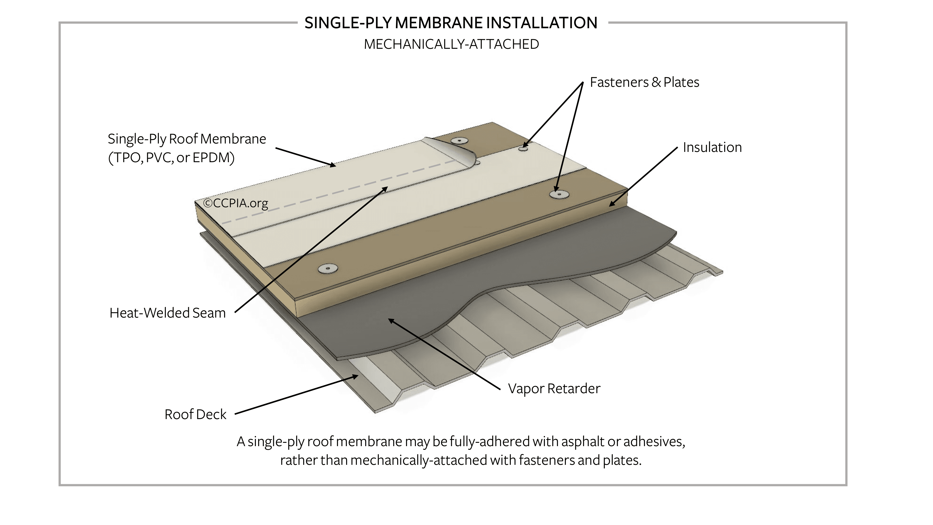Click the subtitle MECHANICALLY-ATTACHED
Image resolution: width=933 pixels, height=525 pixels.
[x=451, y=44]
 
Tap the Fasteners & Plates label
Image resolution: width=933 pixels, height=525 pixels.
[x=644, y=82]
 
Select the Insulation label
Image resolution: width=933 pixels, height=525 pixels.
[x=712, y=147]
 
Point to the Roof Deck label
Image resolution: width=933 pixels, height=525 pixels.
[x=195, y=414]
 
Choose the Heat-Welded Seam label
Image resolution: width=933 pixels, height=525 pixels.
[x=167, y=313]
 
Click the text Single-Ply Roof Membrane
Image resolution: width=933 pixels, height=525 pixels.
[x=187, y=139]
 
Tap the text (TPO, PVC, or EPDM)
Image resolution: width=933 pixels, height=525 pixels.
[x=171, y=157]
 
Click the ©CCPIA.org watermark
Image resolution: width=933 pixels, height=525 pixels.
[x=236, y=203]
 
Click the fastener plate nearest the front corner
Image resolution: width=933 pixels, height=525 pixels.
[x=328, y=269]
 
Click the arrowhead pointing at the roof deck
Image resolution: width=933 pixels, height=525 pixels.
[x=356, y=376]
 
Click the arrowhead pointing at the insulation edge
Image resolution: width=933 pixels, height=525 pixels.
[x=611, y=204]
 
